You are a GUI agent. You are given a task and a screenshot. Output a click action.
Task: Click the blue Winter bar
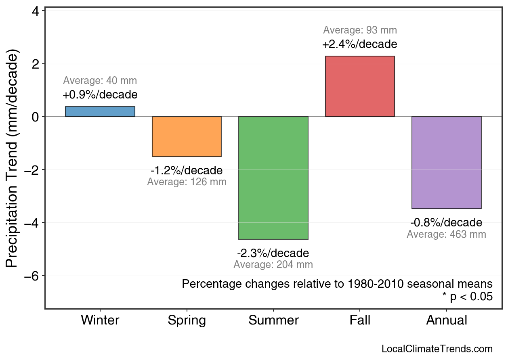pos(100,111)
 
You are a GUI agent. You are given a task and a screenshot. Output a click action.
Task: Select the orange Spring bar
pos(187,136)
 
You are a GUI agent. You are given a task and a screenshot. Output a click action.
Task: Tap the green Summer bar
pos(273,178)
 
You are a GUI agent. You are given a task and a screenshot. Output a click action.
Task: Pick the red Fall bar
pos(360,86)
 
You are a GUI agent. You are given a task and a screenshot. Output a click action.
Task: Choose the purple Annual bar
pos(446,163)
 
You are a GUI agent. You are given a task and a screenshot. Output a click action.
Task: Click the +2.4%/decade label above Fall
pos(360,44)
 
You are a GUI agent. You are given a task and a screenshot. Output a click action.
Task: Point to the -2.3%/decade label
pos(273,253)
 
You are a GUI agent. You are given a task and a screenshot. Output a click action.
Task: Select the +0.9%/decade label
pos(100,95)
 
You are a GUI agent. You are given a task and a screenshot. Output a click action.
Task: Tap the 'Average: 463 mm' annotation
pos(446,234)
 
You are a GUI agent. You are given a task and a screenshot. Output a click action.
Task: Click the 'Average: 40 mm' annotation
pos(100,81)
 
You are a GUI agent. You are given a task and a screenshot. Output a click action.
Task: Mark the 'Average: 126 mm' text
pos(187,182)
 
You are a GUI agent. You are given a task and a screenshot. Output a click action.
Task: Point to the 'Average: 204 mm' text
pos(273,265)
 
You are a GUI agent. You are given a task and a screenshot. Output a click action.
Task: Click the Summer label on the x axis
pos(273,320)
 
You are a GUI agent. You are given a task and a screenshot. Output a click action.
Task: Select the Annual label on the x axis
pos(447,320)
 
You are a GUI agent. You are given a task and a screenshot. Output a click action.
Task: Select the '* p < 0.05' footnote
pos(467,297)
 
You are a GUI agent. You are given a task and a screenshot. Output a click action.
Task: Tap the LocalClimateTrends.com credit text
pos(437,349)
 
